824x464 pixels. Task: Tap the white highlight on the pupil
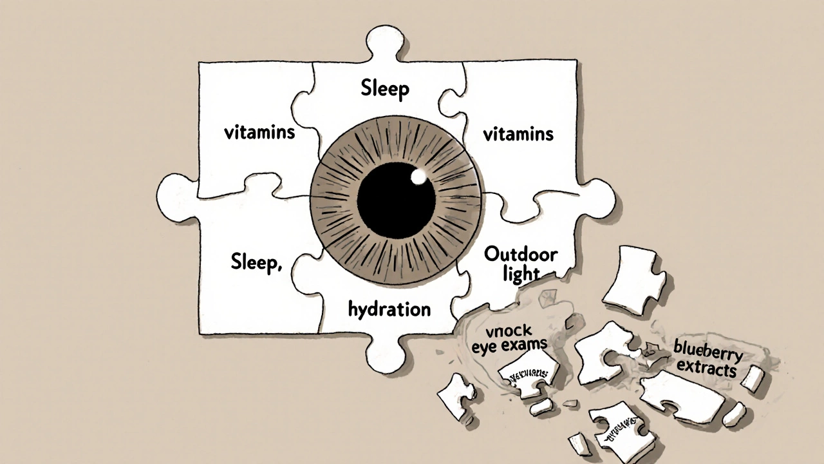419,175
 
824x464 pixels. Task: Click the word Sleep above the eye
384,88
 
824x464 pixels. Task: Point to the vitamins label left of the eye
259,133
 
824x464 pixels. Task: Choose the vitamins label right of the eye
518,134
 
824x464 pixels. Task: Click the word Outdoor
521,254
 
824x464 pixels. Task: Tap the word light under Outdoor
521,273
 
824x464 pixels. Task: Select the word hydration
389,309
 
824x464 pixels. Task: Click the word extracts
706,370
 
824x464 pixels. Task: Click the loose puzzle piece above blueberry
633,278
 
